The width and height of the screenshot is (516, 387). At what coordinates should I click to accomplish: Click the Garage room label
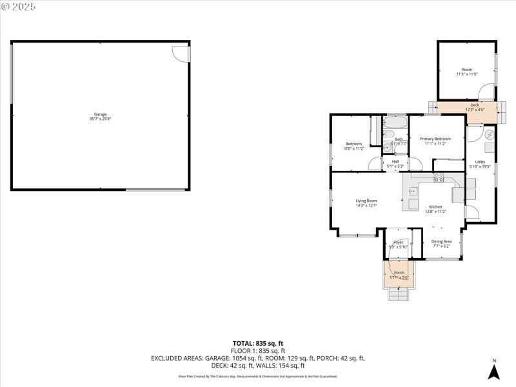coord(100,117)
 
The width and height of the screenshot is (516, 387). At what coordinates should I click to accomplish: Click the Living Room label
coord(366,203)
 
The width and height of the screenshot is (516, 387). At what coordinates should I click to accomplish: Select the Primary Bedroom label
coord(435,141)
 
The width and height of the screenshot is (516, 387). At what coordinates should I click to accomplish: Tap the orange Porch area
coord(399,274)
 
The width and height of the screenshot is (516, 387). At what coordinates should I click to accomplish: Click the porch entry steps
coord(399,294)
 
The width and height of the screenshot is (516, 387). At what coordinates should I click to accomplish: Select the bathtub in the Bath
coord(394,123)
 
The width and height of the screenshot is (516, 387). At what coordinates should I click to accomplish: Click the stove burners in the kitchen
coord(439,178)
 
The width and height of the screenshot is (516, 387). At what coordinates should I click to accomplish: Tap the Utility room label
coord(480,164)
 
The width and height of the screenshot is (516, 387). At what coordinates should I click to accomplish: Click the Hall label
coord(395,164)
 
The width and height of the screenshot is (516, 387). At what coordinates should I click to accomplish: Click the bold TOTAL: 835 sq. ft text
coord(258,343)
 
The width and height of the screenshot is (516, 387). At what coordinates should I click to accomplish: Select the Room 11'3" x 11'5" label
coord(466,72)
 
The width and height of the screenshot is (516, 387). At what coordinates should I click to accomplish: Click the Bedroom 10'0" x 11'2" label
coord(353,146)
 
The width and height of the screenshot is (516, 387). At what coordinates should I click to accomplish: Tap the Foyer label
coord(398,244)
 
